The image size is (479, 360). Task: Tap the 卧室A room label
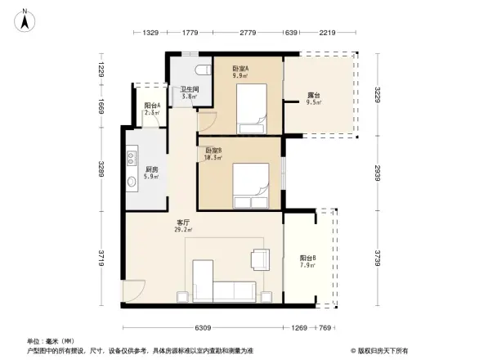coord(240,69)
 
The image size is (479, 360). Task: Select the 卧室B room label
coord(214,150)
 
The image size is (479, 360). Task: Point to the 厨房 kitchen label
coord(150,169)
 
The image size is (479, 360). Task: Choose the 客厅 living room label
coord(184,223)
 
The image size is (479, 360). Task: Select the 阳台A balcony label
coord(152,106)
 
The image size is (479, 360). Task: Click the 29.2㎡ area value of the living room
coord(184,230)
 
